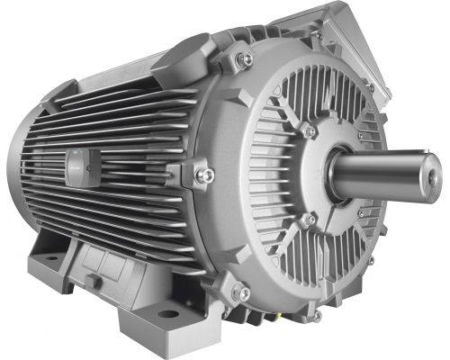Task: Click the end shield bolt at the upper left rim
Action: (x=243, y=59)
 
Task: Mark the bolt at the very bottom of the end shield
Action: (x=316, y=316)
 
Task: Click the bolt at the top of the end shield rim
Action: (x=316, y=34)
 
